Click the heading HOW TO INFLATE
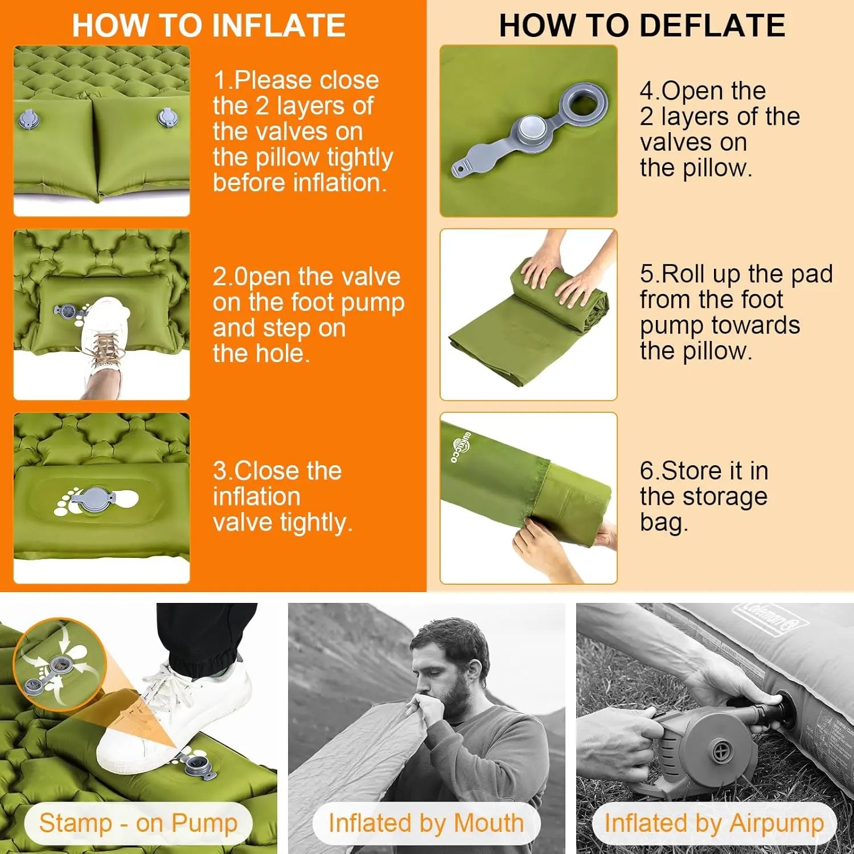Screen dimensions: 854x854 [208, 26]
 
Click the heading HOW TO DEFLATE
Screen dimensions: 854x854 [642, 26]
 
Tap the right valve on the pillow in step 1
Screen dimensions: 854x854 [168, 118]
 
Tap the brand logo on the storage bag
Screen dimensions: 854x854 [459, 447]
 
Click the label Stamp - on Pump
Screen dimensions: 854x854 [138, 823]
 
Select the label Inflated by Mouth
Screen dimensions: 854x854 [426, 823]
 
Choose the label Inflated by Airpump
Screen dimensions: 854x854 [714, 823]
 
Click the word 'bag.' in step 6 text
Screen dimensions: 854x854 [664, 523]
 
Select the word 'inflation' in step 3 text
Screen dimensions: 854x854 [256, 496]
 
